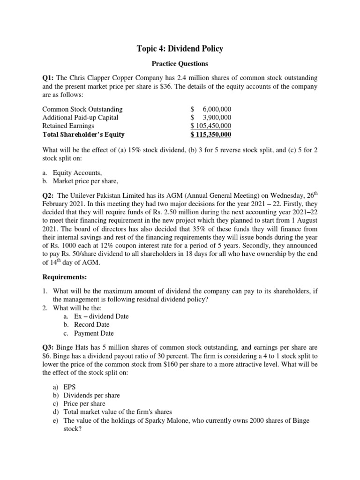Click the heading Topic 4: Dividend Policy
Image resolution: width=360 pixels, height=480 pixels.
pyautogui.click(x=180, y=48)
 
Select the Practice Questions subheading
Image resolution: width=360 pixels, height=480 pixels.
pyautogui.click(x=180, y=63)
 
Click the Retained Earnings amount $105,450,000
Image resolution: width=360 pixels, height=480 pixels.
pyautogui.click(x=211, y=126)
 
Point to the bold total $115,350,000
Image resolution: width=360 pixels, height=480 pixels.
pyautogui.click(x=211, y=135)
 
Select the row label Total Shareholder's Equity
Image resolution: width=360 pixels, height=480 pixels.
pyautogui.click(x=83, y=135)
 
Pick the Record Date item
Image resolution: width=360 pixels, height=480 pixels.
pyautogui.click(x=92, y=325)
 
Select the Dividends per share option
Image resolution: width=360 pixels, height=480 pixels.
pyautogui.click(x=80, y=395)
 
